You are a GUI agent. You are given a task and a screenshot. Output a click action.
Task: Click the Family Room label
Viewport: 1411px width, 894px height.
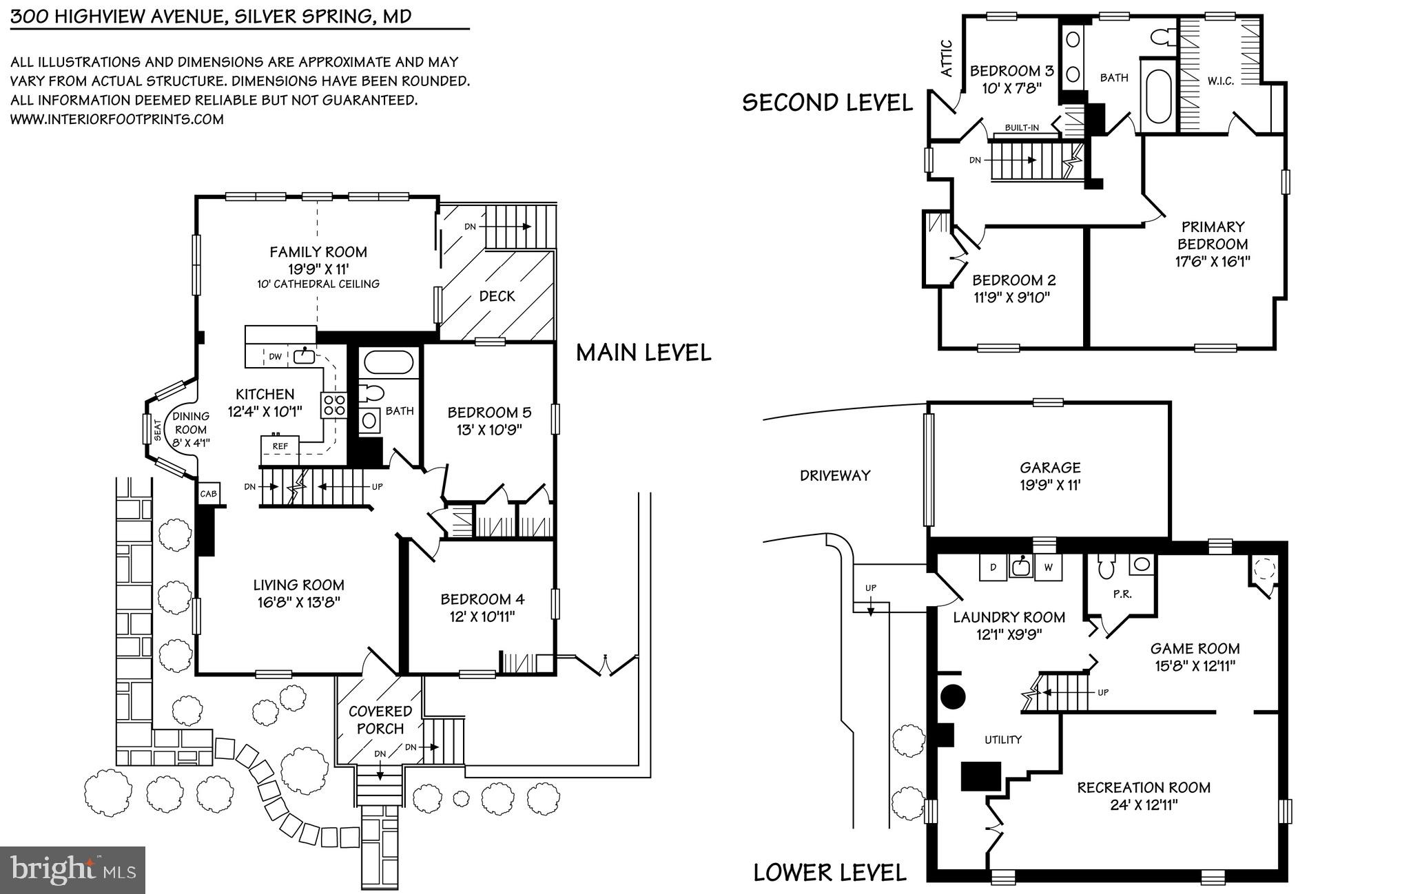click(x=318, y=252)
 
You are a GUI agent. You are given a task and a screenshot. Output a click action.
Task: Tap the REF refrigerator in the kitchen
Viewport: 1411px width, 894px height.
click(x=280, y=450)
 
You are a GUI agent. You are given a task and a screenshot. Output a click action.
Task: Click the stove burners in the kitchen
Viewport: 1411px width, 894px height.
click(x=333, y=404)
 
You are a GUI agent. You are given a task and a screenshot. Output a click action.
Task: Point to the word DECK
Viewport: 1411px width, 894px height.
click(x=497, y=296)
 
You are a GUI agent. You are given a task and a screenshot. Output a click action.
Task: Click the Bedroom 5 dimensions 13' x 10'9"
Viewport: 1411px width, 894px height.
click(x=489, y=430)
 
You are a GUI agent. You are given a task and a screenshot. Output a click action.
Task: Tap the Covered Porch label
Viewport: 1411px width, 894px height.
click(x=380, y=720)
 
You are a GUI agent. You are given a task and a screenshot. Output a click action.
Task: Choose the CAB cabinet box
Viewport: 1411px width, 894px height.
click(x=208, y=493)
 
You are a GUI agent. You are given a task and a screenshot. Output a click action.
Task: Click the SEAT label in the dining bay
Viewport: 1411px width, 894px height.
click(x=158, y=430)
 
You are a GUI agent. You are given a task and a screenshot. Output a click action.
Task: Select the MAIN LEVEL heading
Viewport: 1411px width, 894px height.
click(x=643, y=353)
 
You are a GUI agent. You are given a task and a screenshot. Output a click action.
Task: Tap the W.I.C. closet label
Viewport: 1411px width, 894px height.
click(x=1220, y=81)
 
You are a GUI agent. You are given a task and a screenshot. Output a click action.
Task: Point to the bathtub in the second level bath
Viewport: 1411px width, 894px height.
click(x=1157, y=94)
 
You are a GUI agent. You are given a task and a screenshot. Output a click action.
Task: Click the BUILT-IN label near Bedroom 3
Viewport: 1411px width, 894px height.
click(x=1022, y=127)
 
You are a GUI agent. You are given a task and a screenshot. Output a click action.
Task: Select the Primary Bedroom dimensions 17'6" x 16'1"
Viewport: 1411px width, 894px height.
click(x=1213, y=262)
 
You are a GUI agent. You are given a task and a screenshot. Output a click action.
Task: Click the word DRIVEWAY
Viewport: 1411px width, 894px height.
click(x=835, y=475)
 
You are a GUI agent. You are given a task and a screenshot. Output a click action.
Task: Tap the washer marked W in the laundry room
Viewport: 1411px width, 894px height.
click(x=1049, y=568)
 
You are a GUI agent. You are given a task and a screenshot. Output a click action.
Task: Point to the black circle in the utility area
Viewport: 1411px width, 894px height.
click(x=954, y=696)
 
